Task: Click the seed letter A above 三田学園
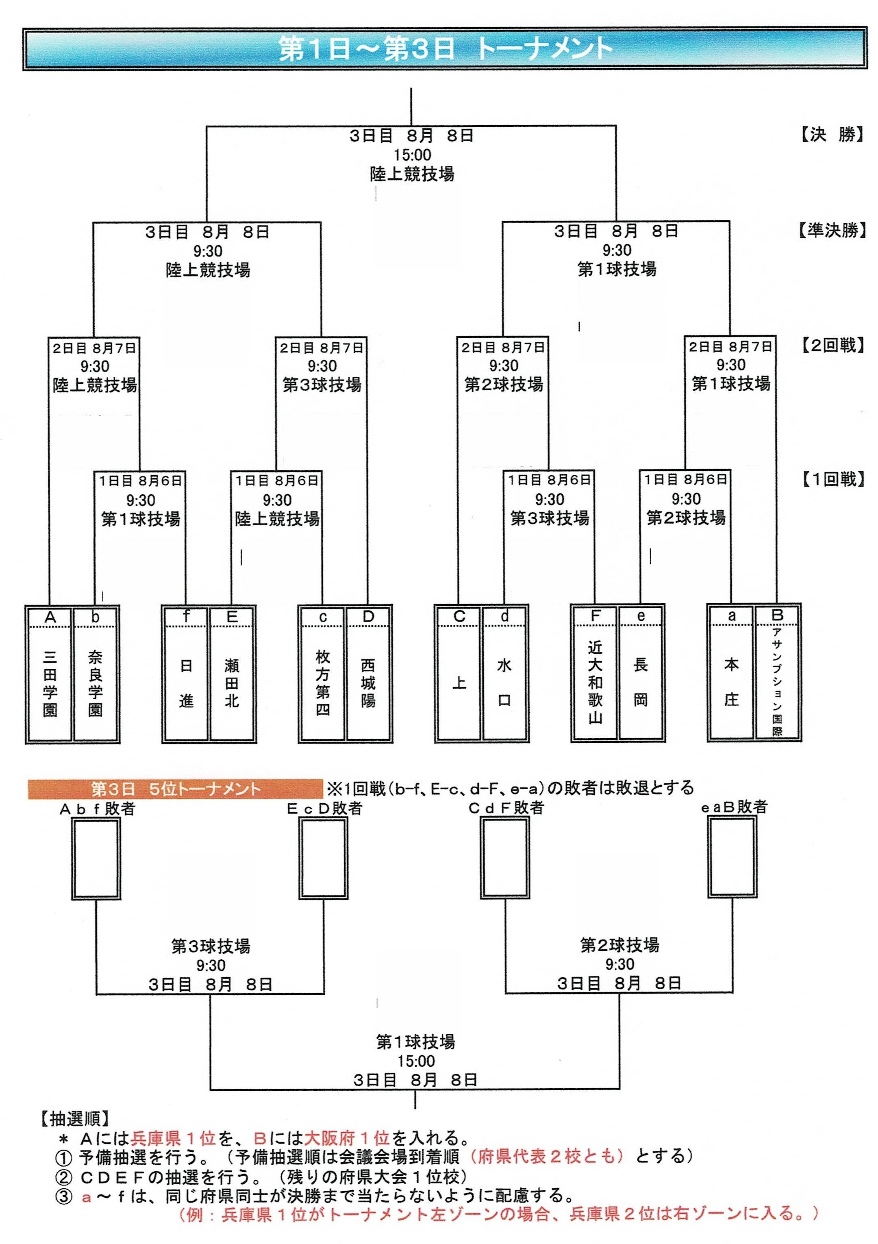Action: pos(50,617)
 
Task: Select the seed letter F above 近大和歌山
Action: pos(595,615)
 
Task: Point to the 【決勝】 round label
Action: pos(831,135)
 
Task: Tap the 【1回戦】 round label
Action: pos(831,479)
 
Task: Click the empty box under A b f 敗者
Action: pos(96,858)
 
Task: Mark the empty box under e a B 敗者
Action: pos(732,857)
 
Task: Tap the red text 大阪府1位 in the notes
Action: pos(347,1137)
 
